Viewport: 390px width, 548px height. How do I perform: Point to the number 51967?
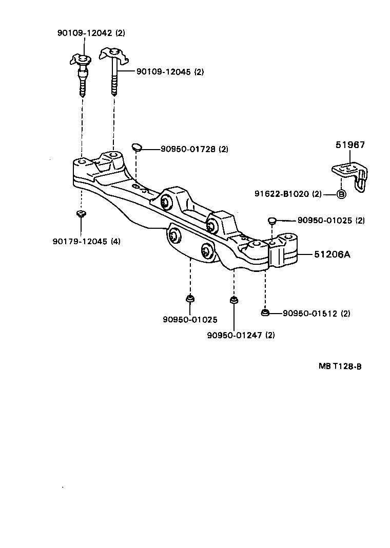[x=350, y=145]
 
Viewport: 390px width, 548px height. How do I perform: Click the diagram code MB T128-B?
[x=340, y=366]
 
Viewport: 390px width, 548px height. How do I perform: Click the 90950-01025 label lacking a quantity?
[x=190, y=320]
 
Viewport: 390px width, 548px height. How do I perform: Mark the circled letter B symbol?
[x=341, y=194]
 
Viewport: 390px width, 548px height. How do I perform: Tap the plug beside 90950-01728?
[x=136, y=148]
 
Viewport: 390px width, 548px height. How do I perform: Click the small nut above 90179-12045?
[x=80, y=214]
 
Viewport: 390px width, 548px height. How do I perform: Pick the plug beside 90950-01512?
[x=265, y=312]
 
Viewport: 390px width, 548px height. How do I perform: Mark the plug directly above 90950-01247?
[x=234, y=300]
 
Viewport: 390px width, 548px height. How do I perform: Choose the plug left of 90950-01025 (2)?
[x=272, y=221]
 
